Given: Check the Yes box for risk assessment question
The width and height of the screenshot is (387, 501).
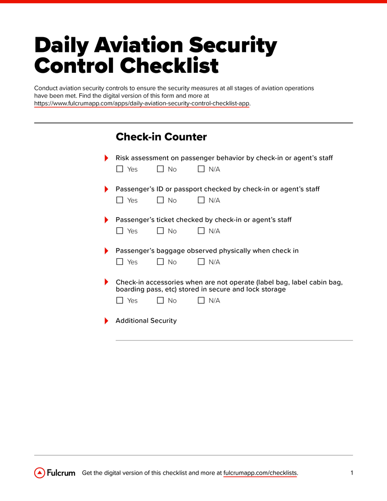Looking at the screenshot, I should pyautogui.click(x=120, y=169).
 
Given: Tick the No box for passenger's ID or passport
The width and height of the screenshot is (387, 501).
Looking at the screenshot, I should pyautogui.click(x=160, y=200).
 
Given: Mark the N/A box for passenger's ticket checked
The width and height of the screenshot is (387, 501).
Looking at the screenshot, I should pyautogui.click(x=201, y=231).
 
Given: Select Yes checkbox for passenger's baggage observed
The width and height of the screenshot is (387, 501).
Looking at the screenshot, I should pyautogui.click(x=120, y=262).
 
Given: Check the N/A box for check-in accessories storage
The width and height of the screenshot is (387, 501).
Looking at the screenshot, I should pyautogui.click(x=201, y=301).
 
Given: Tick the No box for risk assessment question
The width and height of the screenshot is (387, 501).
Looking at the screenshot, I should pyautogui.click(x=160, y=169).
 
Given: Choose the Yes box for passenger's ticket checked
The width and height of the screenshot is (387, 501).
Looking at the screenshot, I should pyautogui.click(x=120, y=231).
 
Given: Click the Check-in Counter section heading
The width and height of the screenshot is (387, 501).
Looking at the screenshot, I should pyautogui.click(x=161, y=137).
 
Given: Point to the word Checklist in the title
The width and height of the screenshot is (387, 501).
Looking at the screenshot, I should pyautogui.click(x=169, y=66).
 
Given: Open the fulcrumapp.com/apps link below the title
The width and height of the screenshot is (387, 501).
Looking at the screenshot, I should pyautogui.click(x=142, y=103).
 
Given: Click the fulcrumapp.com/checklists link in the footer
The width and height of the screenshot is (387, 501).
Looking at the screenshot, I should pyautogui.click(x=260, y=473).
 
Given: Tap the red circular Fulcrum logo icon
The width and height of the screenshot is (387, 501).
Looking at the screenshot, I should pyautogui.click(x=40, y=473).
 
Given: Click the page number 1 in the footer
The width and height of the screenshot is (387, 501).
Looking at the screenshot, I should pyautogui.click(x=352, y=473).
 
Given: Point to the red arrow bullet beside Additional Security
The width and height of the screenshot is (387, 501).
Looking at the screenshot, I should pyautogui.click(x=106, y=321).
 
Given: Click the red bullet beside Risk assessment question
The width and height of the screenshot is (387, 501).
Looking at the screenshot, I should pyautogui.click(x=106, y=158).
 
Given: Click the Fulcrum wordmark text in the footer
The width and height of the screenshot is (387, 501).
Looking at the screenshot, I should pyautogui.click(x=61, y=473).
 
